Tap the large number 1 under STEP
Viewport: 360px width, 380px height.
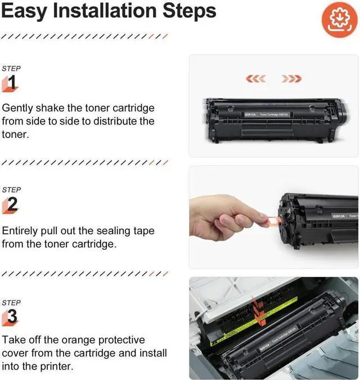pyautogui.click(x=12, y=83)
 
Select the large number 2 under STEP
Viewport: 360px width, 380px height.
pyautogui.click(x=12, y=205)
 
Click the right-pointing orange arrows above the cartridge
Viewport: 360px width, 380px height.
pyautogui.click(x=291, y=78)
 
